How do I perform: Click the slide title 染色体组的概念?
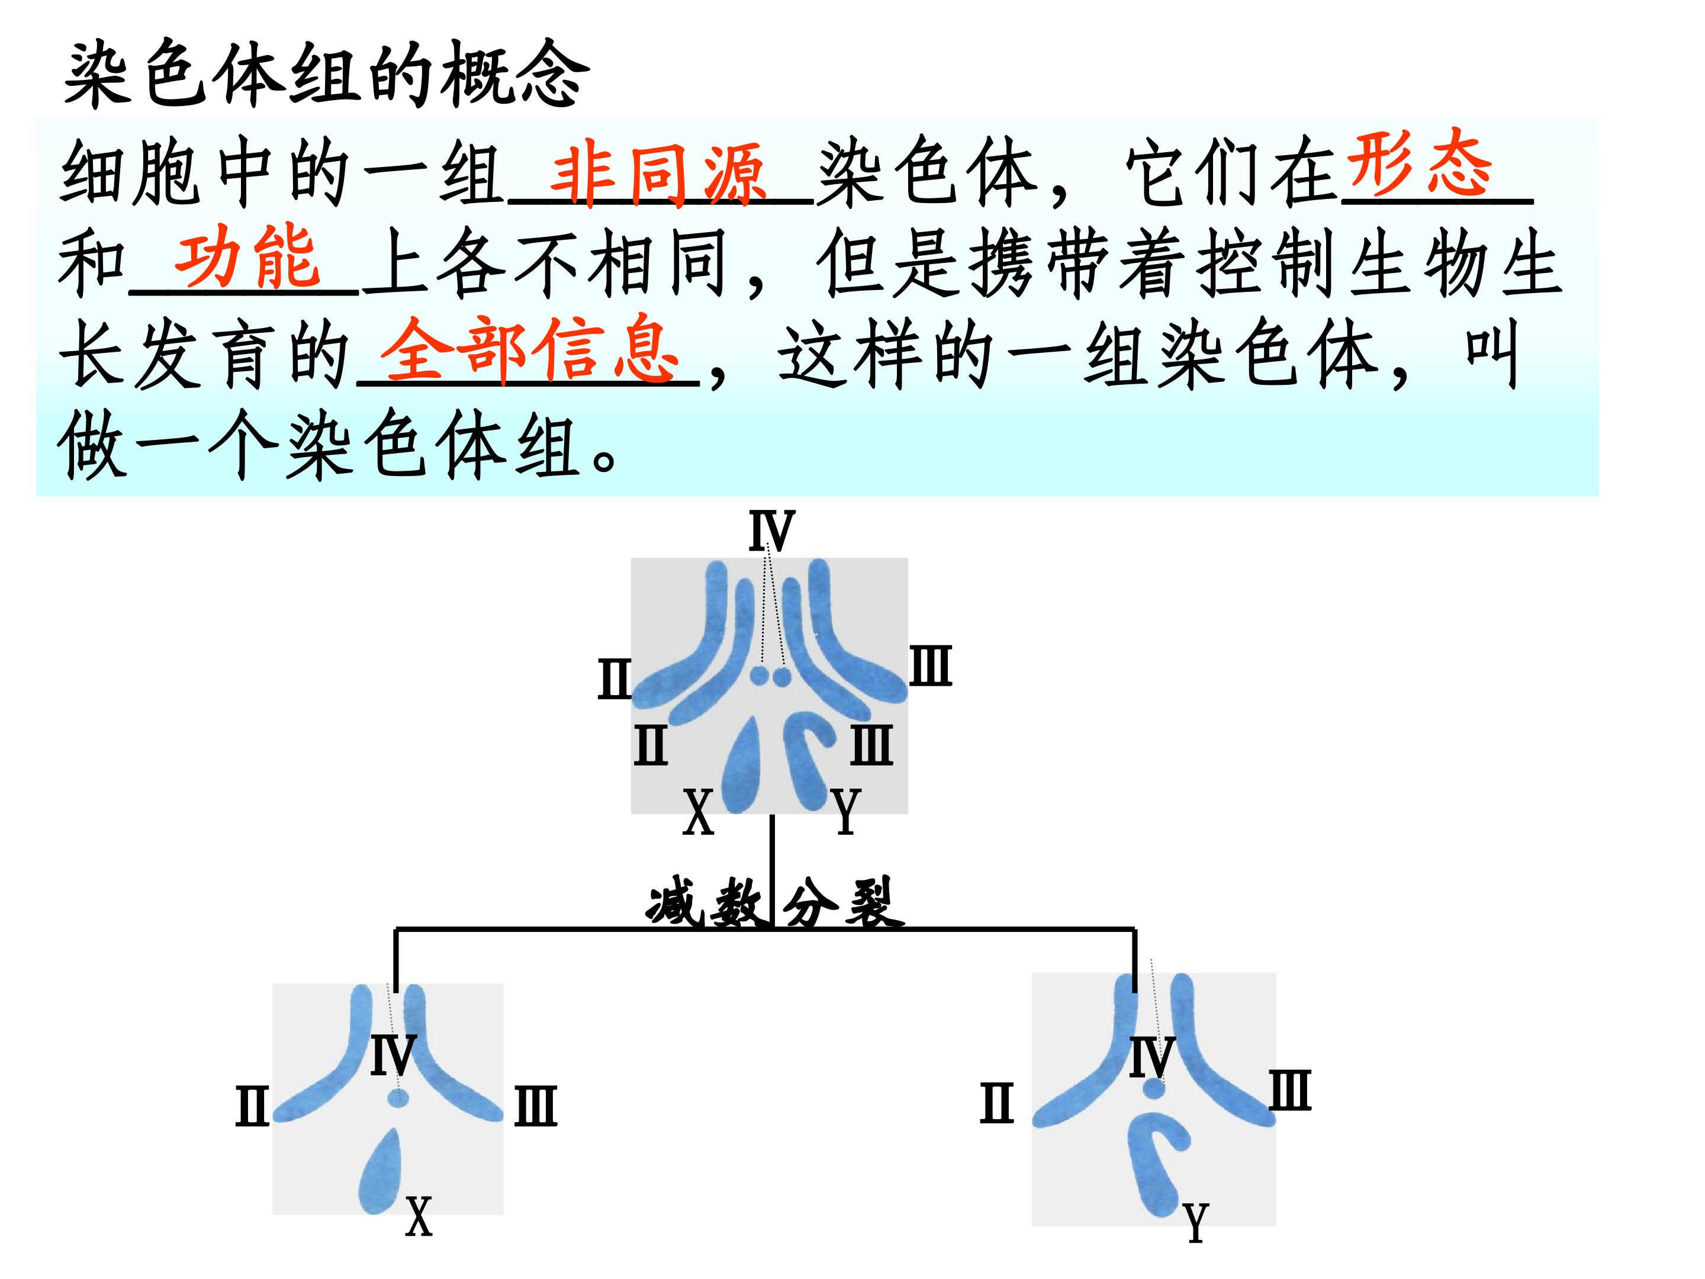(327, 74)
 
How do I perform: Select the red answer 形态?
(1418, 162)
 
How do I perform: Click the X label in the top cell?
(699, 812)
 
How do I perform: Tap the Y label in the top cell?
(845, 812)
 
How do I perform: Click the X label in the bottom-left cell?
(419, 1217)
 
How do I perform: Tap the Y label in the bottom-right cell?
(1195, 1223)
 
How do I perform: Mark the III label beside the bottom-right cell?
(1291, 1090)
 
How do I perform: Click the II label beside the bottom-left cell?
(252, 1106)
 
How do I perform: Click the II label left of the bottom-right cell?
(996, 1103)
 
